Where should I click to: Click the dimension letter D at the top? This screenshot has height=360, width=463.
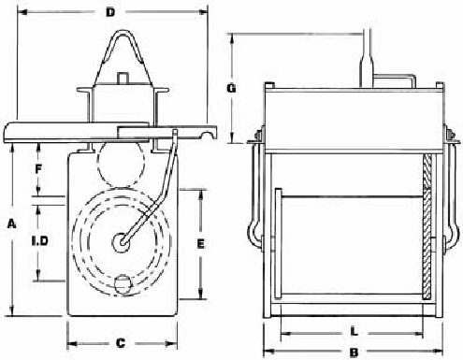pyautogui.click(x=110, y=12)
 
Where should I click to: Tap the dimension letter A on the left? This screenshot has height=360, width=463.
pyautogui.click(x=12, y=223)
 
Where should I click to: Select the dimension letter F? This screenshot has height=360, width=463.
pyautogui.click(x=38, y=169)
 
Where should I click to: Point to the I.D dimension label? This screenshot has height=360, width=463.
pyautogui.click(x=40, y=240)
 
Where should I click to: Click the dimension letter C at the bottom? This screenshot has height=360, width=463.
pyautogui.click(x=121, y=343)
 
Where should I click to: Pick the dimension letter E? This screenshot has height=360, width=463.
pyautogui.click(x=201, y=243)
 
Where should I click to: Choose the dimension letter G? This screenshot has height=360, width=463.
pyautogui.click(x=231, y=89)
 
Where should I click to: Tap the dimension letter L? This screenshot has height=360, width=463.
pyautogui.click(x=354, y=331)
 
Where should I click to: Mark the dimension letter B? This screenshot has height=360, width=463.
pyautogui.click(x=354, y=353)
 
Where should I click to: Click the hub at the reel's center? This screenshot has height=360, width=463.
pyautogui.click(x=121, y=242)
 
